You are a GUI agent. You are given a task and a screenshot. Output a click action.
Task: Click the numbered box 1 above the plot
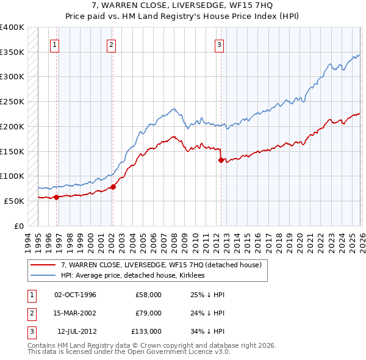(55, 44)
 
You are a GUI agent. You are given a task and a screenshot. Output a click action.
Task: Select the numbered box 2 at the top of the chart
(112, 44)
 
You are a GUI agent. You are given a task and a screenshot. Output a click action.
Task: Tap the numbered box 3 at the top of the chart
(219, 44)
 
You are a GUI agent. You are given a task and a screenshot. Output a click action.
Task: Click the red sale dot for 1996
(57, 197)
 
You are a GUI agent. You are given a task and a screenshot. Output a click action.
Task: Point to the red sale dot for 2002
(113, 187)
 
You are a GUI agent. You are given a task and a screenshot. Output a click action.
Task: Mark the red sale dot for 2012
(221, 160)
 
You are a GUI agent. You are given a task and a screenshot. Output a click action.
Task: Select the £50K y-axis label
(15, 201)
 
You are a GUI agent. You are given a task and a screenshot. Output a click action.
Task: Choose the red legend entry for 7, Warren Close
(161, 265)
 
